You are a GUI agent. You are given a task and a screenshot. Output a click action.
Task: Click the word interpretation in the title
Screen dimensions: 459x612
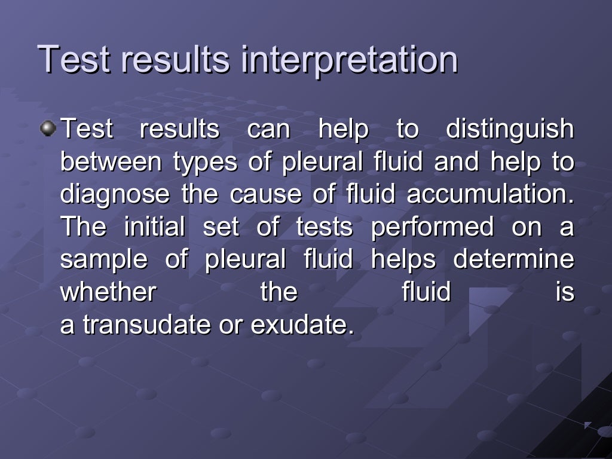pos(350,60)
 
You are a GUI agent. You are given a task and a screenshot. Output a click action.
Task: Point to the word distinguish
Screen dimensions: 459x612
pos(510,130)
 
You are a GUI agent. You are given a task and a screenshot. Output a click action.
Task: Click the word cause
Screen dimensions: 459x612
pos(258,195)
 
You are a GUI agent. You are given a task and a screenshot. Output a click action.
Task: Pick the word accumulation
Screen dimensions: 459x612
pos(490,195)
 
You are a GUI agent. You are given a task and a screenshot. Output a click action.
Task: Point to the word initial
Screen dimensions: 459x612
pos(155,227)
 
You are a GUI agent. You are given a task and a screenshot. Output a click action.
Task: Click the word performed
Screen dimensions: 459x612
pos(433,227)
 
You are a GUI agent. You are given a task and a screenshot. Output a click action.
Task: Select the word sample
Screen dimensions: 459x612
pos(103,261)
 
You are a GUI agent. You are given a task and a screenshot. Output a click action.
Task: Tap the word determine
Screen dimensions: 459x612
pos(513,260)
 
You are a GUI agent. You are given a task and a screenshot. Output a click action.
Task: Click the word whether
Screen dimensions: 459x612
pos(108,292)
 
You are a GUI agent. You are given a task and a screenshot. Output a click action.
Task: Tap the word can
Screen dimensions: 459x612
pos(268,130)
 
